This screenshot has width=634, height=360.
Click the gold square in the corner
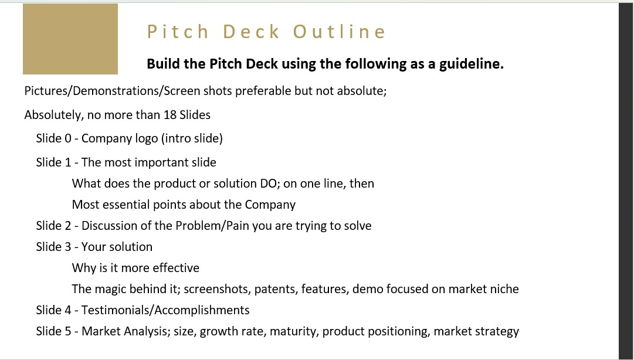pos(70,39)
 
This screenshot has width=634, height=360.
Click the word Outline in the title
pos(339,32)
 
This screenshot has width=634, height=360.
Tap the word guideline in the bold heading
pos(472,64)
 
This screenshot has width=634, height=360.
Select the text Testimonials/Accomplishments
pos(165,310)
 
